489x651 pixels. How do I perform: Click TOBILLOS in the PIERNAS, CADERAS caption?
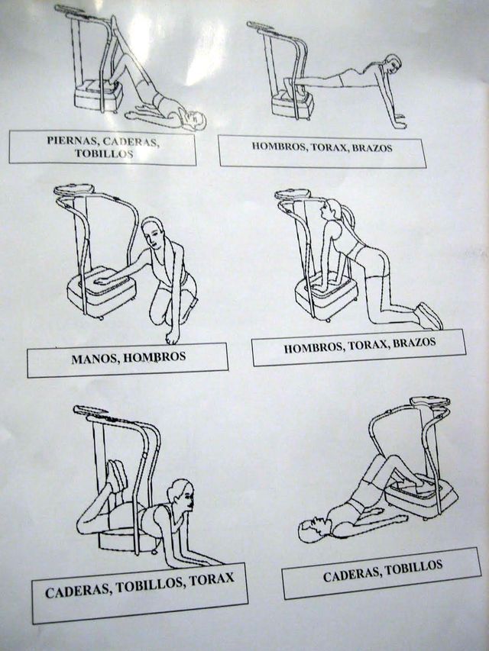(103, 153)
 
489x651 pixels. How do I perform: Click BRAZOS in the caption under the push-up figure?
(374, 147)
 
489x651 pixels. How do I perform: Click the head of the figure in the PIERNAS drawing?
(195, 120)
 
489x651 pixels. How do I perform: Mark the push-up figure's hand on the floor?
(397, 123)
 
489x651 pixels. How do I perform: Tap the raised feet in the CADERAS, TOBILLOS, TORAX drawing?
(116, 475)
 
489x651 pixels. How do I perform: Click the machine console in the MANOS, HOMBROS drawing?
(74, 189)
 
